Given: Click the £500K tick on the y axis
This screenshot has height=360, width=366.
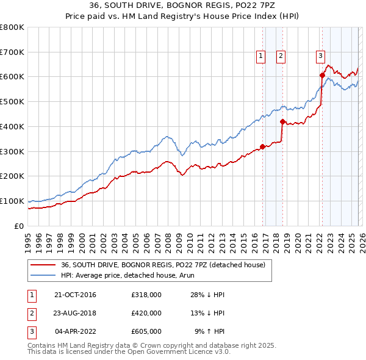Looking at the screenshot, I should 12,101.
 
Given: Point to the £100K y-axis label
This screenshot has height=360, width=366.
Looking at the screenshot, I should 12,201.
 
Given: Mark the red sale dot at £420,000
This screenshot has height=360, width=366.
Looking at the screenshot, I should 282,121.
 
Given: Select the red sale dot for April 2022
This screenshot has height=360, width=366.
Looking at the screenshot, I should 321,75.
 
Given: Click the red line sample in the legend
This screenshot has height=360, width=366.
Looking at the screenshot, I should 43,265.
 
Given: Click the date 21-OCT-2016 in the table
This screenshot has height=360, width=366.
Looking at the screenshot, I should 76,295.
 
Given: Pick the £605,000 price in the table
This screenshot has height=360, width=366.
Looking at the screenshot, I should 146,331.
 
